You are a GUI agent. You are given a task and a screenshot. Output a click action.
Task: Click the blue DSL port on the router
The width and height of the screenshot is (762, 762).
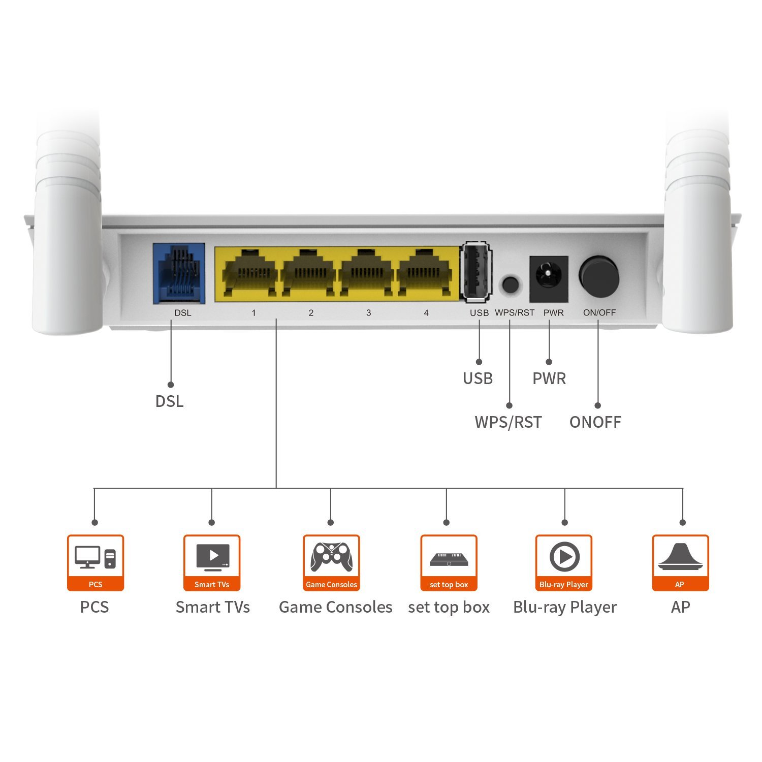179,273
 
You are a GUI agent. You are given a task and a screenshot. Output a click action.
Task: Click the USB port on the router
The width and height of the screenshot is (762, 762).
477,272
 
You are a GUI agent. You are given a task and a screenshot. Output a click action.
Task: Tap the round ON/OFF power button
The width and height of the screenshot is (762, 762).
599,276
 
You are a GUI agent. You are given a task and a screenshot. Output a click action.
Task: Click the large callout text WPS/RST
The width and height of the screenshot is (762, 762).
508,422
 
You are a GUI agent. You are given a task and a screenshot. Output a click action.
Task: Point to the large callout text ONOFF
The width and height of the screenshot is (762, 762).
595,422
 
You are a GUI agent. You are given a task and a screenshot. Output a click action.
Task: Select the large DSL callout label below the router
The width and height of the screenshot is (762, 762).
169,401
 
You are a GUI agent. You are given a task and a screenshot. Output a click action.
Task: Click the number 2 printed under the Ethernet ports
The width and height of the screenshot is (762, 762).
311,313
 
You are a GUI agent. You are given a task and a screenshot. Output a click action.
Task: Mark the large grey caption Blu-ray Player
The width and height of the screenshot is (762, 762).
564,607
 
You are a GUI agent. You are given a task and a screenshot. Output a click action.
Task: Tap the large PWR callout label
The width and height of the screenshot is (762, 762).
549,378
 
